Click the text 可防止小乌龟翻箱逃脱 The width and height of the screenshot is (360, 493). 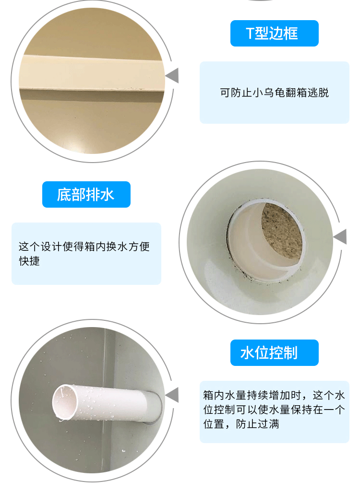point(275,93)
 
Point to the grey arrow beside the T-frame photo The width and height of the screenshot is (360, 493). point(172,75)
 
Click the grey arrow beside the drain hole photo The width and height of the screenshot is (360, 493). point(340,237)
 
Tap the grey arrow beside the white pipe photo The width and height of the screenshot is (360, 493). point(172,395)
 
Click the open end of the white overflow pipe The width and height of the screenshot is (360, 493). point(65,402)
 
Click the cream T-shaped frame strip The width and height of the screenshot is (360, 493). point(92,73)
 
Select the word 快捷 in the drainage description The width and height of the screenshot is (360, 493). point(29,261)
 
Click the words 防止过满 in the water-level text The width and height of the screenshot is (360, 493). point(258,424)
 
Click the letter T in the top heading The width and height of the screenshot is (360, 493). point(250,34)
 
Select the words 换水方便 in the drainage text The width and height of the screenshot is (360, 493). point(128,246)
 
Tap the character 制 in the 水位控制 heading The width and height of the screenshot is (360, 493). point(290,353)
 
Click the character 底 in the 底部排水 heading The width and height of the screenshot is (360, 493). point(64,195)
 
